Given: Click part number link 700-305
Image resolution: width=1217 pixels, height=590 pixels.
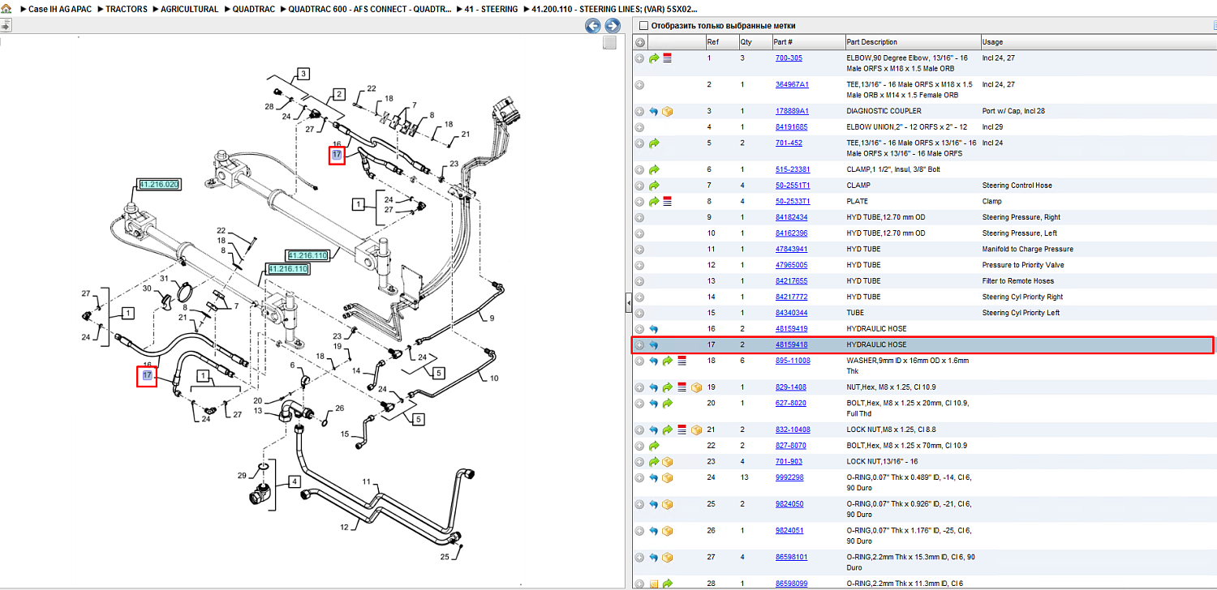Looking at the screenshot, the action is click(789, 58).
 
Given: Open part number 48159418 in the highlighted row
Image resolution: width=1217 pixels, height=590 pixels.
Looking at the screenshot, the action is click(791, 344).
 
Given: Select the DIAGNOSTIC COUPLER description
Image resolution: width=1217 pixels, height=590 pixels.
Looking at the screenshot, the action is click(884, 111).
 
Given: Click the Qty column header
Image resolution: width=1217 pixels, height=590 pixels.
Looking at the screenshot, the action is click(746, 42).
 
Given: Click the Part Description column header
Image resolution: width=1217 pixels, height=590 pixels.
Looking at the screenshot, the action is click(871, 42).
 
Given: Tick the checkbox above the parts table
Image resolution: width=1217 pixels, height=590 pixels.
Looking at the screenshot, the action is click(644, 25).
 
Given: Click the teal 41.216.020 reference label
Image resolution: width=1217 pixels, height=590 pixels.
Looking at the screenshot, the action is click(159, 185).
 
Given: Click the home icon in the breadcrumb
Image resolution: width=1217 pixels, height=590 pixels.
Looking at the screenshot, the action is click(6, 9).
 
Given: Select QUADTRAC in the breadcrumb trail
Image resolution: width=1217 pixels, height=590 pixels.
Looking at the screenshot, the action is click(254, 9).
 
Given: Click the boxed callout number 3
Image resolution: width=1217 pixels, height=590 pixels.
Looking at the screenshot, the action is click(303, 74).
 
